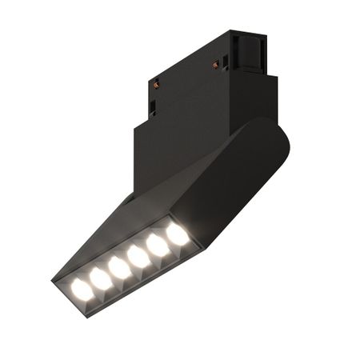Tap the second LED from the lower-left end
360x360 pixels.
(100, 277)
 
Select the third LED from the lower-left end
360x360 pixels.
(120, 266)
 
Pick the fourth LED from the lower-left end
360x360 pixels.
(139, 255)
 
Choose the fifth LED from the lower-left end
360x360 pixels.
(159, 245)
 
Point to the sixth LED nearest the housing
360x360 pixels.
(178, 234)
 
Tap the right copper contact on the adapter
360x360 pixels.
(215, 64)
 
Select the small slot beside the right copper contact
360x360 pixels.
(226, 63)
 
